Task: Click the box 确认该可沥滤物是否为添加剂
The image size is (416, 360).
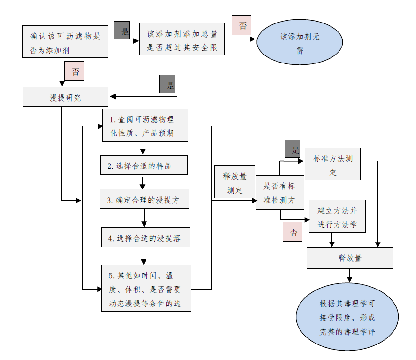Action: pyautogui.click(x=65, y=42)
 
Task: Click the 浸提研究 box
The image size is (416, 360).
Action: pyautogui.click(x=65, y=97)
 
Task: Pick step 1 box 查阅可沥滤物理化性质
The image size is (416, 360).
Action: pyautogui.click(x=145, y=125)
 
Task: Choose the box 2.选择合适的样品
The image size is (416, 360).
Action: pyautogui.click(x=144, y=165)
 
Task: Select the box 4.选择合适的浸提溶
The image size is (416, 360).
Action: pyautogui.click(x=146, y=238)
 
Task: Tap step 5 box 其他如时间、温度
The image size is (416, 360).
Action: pyautogui.click(x=146, y=288)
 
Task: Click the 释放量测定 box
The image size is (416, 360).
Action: pyautogui.click(x=234, y=182)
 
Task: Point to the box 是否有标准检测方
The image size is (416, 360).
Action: pyautogui.click(x=280, y=193)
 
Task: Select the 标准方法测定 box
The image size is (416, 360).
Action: pyautogui.click(x=332, y=164)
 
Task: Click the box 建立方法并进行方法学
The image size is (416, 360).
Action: pyautogui.click(x=337, y=217)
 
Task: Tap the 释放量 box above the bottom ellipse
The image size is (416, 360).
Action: pyautogui.click(x=350, y=258)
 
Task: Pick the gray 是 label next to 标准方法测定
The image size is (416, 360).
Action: pyautogui.click(x=293, y=149)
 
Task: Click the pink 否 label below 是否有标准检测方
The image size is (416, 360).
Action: pyautogui.click(x=292, y=232)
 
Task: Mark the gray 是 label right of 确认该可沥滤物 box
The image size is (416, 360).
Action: pyautogui.click(x=122, y=31)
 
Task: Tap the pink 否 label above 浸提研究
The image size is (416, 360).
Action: pyautogui.click(x=74, y=71)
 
